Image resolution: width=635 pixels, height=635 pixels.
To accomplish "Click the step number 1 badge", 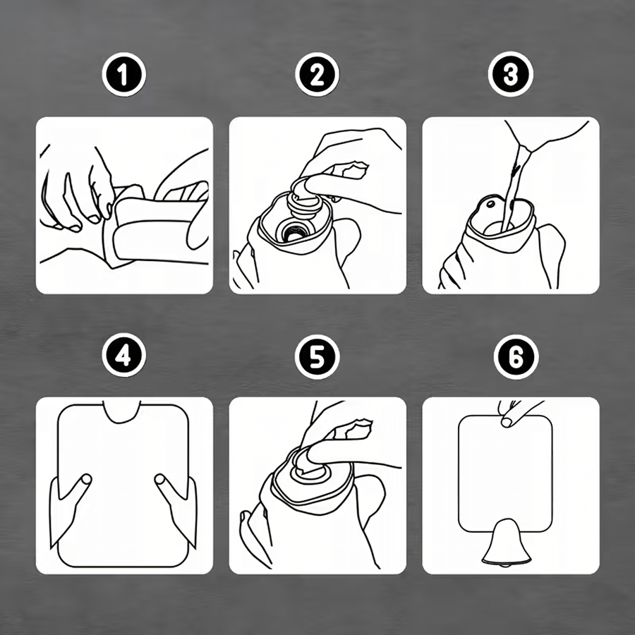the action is tap(123, 75).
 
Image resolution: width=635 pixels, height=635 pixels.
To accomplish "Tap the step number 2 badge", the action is tap(317, 75).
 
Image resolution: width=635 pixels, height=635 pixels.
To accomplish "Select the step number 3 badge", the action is tap(510, 74).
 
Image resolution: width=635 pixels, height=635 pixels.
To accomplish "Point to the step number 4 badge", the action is tap(123, 355).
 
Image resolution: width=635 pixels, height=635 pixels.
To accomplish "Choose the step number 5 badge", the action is tap(317, 357).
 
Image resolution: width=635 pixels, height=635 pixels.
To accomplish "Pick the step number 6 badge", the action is tap(516, 357).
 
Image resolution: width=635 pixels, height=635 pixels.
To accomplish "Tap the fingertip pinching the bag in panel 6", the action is tap(506, 422).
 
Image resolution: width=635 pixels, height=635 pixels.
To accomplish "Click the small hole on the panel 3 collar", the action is tap(491, 204).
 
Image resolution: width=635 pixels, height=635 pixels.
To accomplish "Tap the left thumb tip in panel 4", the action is tap(86, 479).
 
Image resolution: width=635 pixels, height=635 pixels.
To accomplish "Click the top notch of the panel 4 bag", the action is tap(121, 412).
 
